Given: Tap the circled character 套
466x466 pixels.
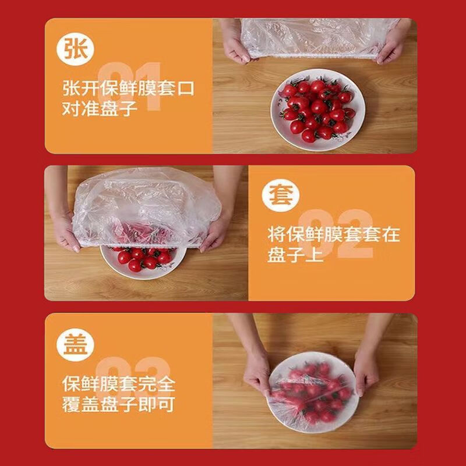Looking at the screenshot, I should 281,194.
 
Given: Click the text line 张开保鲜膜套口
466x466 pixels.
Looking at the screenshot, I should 128,89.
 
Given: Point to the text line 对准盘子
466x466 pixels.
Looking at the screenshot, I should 100,109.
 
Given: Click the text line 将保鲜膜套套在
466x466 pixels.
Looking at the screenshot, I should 334,235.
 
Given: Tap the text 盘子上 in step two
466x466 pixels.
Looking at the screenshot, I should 295,255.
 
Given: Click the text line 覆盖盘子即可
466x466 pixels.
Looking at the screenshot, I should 119,404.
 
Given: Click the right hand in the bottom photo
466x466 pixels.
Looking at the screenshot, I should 367,367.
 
